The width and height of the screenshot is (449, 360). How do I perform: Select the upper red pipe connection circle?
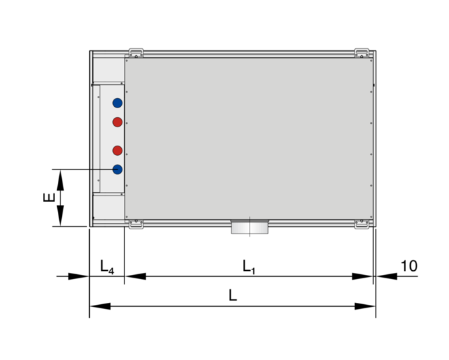pyautogui.click(x=118, y=122)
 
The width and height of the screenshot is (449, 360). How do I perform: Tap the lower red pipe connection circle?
pyautogui.click(x=118, y=150)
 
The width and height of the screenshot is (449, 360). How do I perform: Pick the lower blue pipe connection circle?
pyautogui.click(x=118, y=169)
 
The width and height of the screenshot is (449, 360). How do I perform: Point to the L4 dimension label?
pyautogui.click(x=107, y=266)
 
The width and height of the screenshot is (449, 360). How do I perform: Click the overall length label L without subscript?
pyautogui.click(x=233, y=297)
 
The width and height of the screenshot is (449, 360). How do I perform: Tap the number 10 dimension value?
pyautogui.click(x=409, y=265)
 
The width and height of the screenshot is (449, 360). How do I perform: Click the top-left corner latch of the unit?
pyautogui.click(x=136, y=52)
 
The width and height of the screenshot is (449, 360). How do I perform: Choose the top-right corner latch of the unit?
pyautogui.click(x=363, y=52)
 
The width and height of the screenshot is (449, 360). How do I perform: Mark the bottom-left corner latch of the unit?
pyautogui.click(x=135, y=224)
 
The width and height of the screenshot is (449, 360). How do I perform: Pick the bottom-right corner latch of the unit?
pyautogui.click(x=363, y=224)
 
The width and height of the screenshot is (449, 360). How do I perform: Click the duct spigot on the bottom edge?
pyautogui.click(x=250, y=227)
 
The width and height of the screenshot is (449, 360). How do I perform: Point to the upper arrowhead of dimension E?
pyautogui.click(x=60, y=178)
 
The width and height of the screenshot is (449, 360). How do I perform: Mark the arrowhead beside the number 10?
pyautogui.click(x=384, y=276)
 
